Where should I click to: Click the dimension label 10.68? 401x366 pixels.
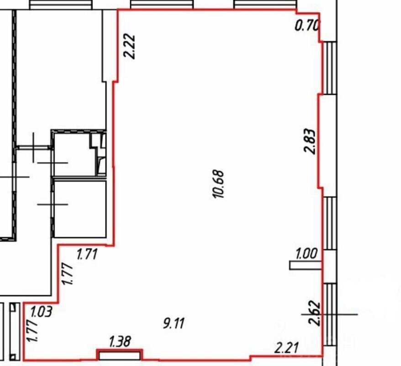tap(218, 184)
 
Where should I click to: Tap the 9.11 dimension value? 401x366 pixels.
tap(174, 323)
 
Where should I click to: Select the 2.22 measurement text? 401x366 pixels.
tap(129, 47)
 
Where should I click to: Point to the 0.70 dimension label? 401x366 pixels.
tap(307, 26)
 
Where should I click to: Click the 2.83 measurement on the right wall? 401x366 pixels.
tap(309, 141)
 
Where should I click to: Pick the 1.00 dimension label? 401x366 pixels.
tap(306, 254)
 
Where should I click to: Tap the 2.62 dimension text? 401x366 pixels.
tap(314, 313)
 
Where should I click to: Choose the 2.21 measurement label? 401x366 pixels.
tap(286, 348)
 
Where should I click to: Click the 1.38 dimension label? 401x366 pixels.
tap(120, 342)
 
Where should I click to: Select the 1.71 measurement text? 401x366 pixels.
tap(87, 254)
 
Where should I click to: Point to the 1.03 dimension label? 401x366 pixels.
tap(42, 312)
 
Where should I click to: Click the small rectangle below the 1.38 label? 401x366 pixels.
tap(120, 356)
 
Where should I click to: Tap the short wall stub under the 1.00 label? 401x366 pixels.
tap(306, 265)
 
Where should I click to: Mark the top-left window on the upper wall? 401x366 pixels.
tap(61, 5)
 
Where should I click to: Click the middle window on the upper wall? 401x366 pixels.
tap(162, 4)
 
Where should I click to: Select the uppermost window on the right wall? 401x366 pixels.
tap(330, 68)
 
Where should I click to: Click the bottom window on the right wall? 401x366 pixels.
tap(330, 314)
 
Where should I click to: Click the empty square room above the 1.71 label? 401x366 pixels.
tap(80, 209)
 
